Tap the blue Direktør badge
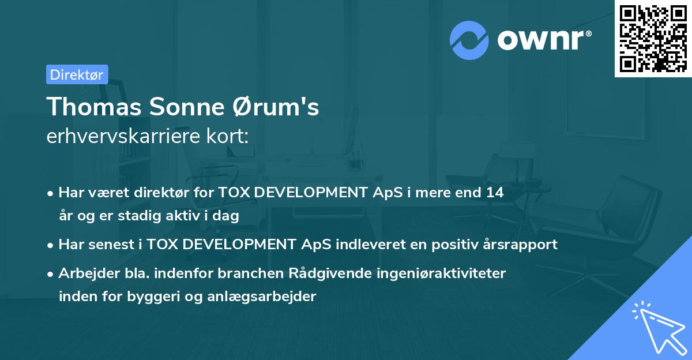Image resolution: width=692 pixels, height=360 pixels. click(x=77, y=74)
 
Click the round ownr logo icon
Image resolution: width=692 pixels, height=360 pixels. click(x=469, y=40)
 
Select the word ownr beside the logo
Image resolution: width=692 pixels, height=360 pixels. click(x=544, y=40)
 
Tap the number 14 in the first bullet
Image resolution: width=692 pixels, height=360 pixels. click(x=494, y=193)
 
